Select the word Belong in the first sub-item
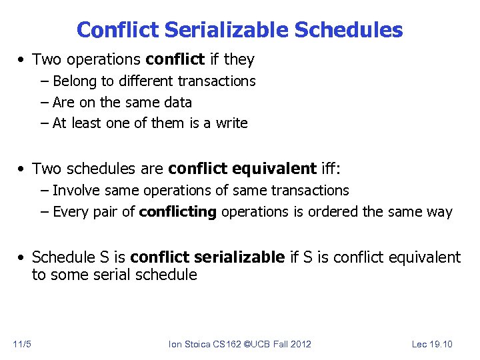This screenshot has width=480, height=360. [74, 81]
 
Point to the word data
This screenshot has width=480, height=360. [177, 103]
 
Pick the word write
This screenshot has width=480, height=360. [232, 123]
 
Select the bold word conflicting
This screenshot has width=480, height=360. [177, 213]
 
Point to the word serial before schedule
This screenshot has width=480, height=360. [115, 275]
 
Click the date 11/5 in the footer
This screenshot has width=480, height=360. [21, 344]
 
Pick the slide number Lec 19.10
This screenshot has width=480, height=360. [432, 344]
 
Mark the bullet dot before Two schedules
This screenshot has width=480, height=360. [23, 168]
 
